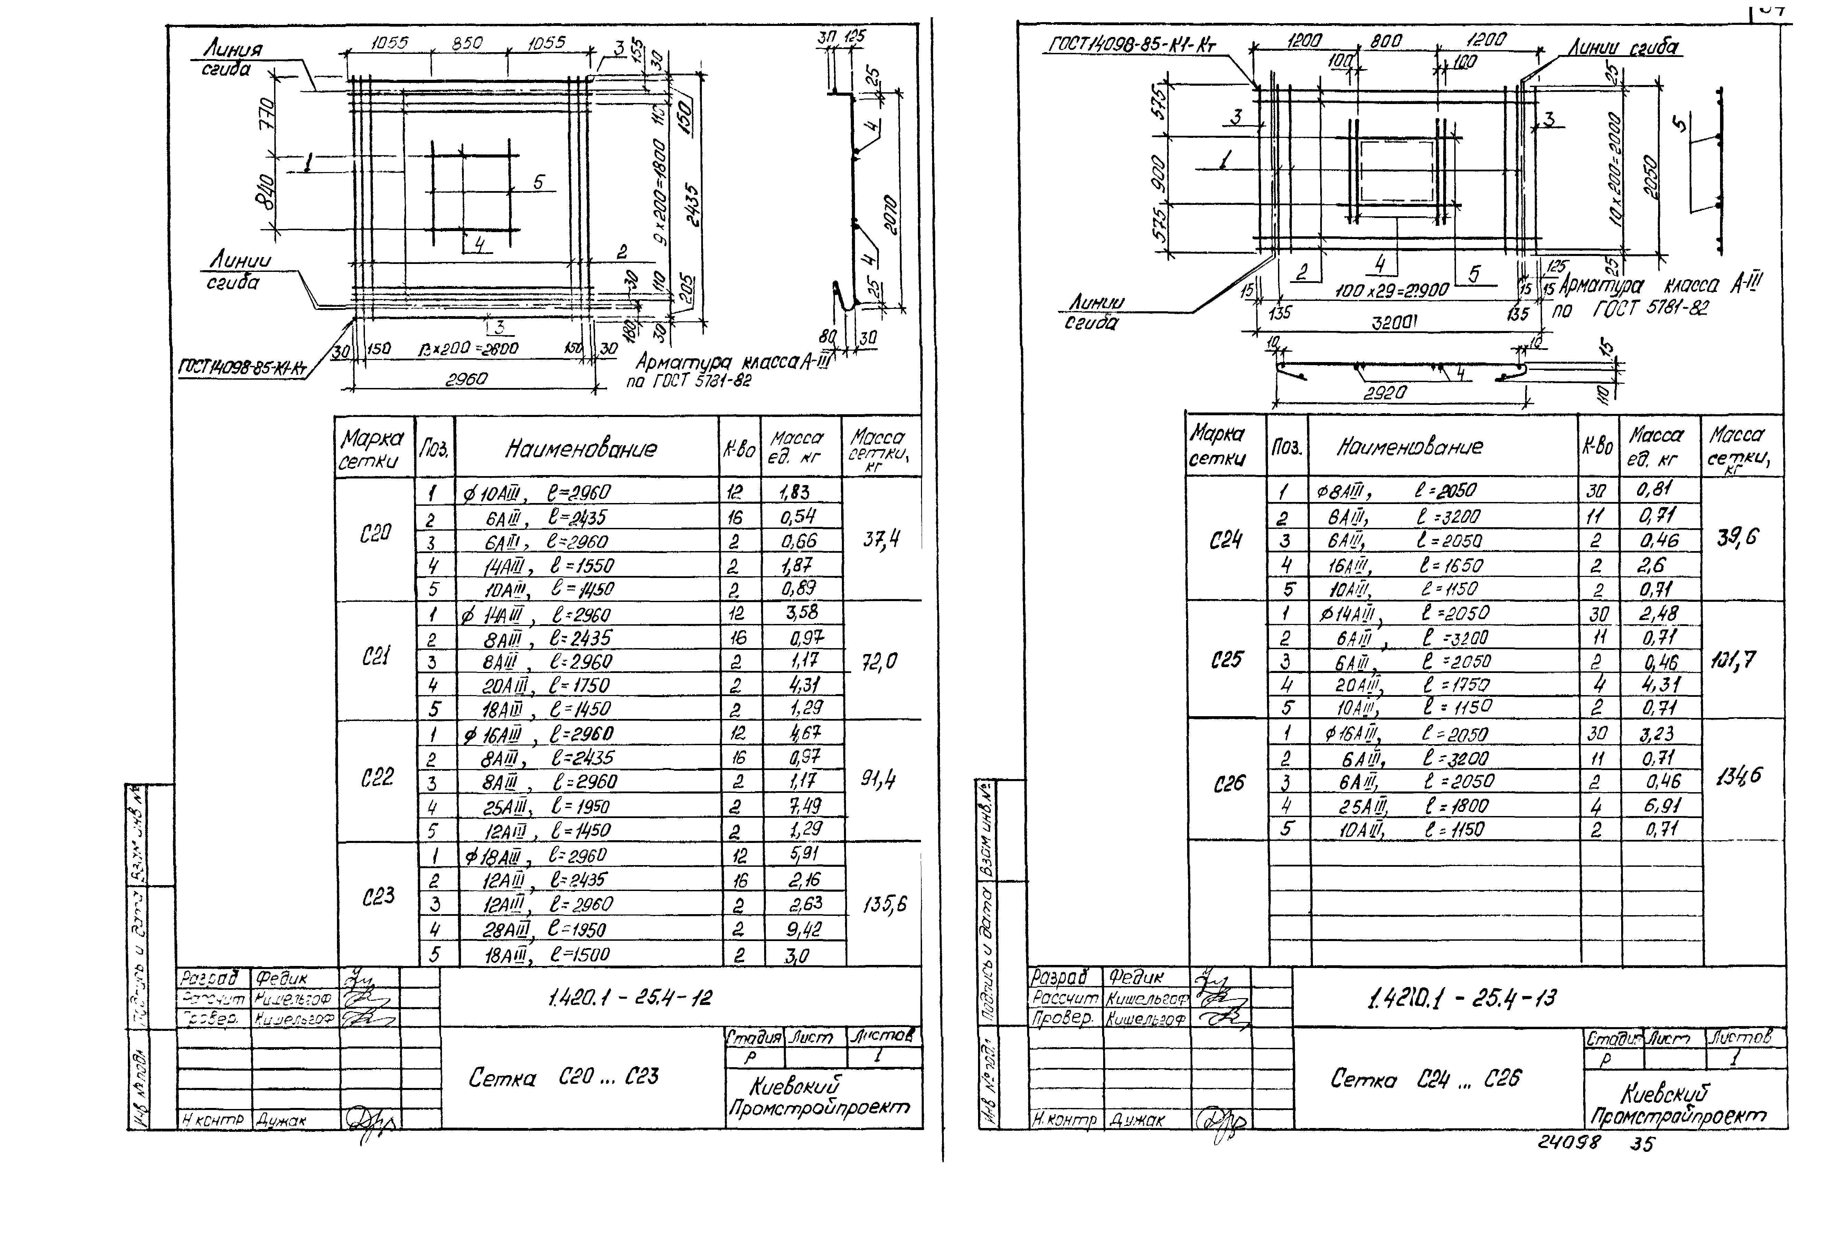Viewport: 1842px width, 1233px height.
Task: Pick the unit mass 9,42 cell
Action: tap(804, 929)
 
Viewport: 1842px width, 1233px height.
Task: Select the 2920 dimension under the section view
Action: tap(1385, 392)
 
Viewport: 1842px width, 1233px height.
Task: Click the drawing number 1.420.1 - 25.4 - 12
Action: tap(629, 997)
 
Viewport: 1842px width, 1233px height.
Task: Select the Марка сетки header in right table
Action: tap(1218, 445)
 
